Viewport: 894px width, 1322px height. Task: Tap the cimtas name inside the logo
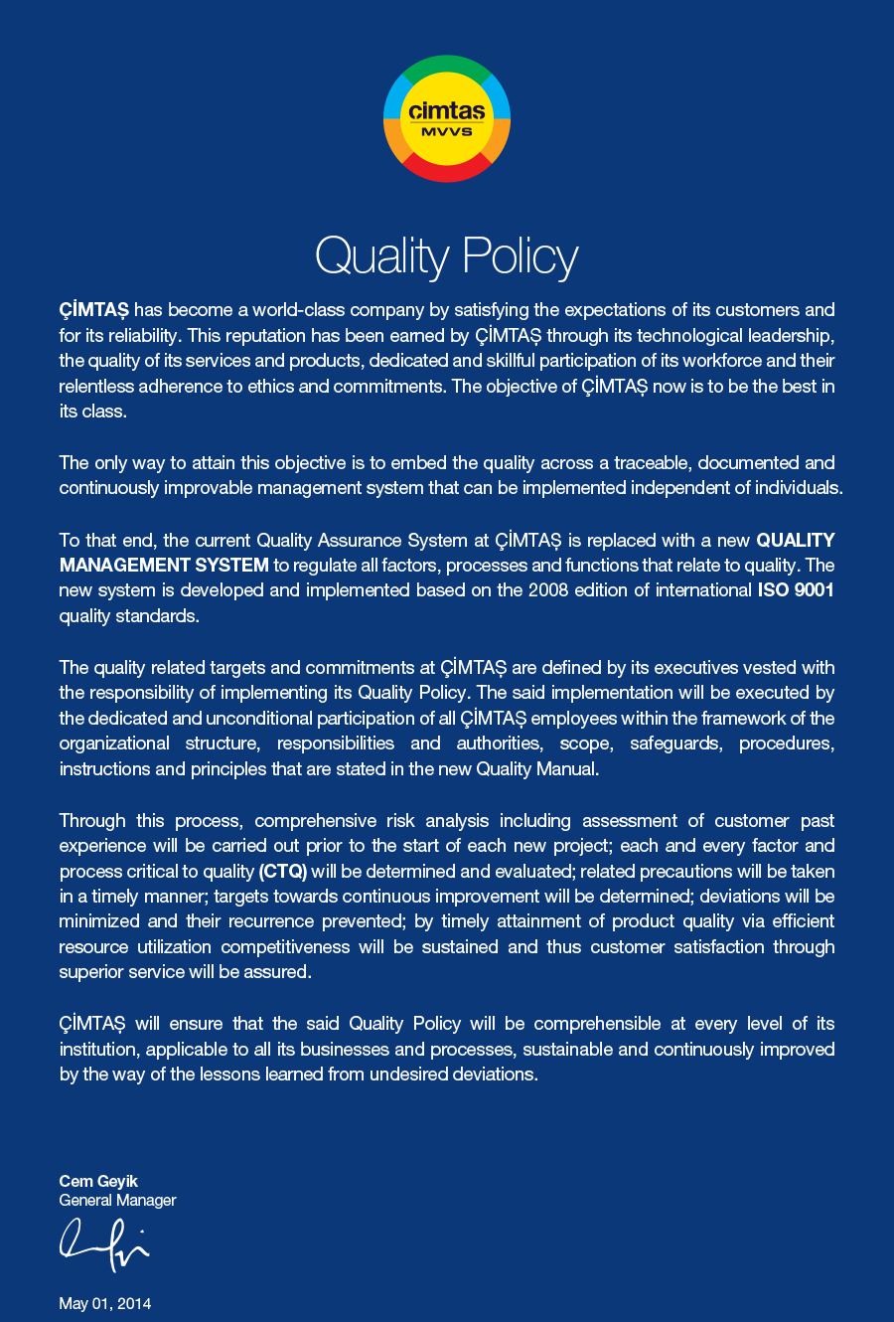(x=447, y=111)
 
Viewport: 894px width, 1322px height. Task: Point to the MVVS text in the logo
(x=447, y=132)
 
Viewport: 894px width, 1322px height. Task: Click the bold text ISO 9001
(x=789, y=590)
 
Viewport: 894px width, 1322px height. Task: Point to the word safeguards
(x=676, y=744)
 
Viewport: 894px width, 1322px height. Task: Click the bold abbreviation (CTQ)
(x=283, y=872)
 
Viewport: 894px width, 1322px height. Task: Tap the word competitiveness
(x=285, y=947)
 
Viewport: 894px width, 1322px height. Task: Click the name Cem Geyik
(x=98, y=1181)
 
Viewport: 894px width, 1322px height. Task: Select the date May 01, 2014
(x=105, y=1303)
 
